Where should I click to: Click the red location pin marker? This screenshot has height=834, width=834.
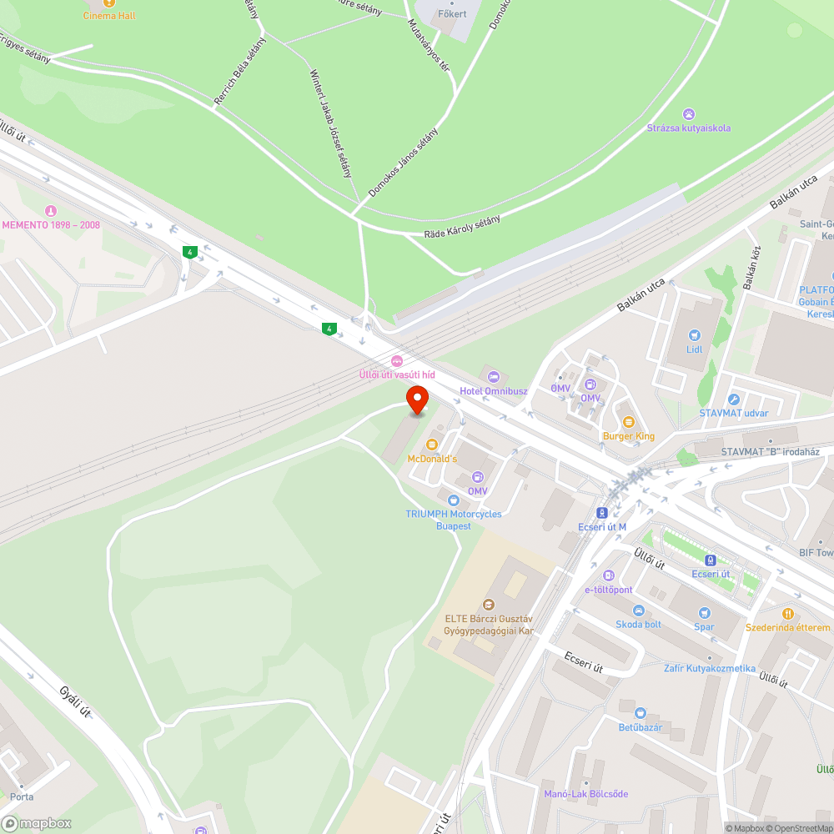click(416, 399)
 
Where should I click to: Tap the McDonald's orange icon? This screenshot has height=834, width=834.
click(432, 445)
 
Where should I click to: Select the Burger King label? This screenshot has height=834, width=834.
click(629, 436)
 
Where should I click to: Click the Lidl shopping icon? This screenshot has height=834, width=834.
click(694, 334)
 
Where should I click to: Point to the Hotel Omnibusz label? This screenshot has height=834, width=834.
click(494, 391)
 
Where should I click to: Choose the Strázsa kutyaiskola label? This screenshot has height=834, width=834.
click(689, 128)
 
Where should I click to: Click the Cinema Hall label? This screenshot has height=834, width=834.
click(109, 16)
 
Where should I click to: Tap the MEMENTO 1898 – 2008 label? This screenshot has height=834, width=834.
click(51, 225)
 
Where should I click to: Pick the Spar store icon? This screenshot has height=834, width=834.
click(705, 613)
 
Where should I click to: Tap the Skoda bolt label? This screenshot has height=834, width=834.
click(638, 624)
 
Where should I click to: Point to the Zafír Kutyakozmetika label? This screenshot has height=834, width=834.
click(710, 668)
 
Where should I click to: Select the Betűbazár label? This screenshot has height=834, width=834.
click(640, 727)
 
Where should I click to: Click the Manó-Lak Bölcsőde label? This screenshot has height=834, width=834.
click(585, 793)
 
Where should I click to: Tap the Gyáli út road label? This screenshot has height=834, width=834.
click(74, 703)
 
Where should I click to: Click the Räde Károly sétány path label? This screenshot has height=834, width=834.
click(462, 227)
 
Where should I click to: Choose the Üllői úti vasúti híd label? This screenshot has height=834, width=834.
click(397, 374)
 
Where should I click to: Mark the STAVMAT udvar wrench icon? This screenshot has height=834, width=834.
click(734, 400)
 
